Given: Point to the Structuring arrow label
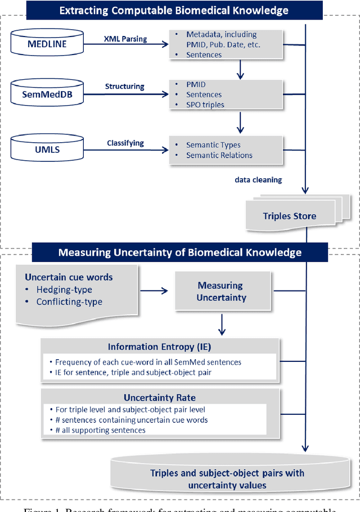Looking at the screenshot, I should [x=124, y=87].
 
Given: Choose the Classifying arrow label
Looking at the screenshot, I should [x=126, y=143].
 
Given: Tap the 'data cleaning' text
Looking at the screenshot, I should [x=258, y=180].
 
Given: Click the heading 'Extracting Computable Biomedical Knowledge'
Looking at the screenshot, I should [x=174, y=10].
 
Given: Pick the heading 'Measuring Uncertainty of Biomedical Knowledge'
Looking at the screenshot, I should [x=179, y=252].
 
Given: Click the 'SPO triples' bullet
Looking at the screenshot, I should [x=205, y=105].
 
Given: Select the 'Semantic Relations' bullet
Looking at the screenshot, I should [x=219, y=155].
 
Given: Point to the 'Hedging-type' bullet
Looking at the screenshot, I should [x=64, y=290].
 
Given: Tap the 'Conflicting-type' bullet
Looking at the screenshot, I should [x=69, y=302].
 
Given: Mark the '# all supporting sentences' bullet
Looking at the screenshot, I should [x=100, y=430].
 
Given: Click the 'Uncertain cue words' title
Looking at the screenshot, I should [x=69, y=277].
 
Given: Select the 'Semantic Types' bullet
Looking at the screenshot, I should [x=213, y=145].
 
